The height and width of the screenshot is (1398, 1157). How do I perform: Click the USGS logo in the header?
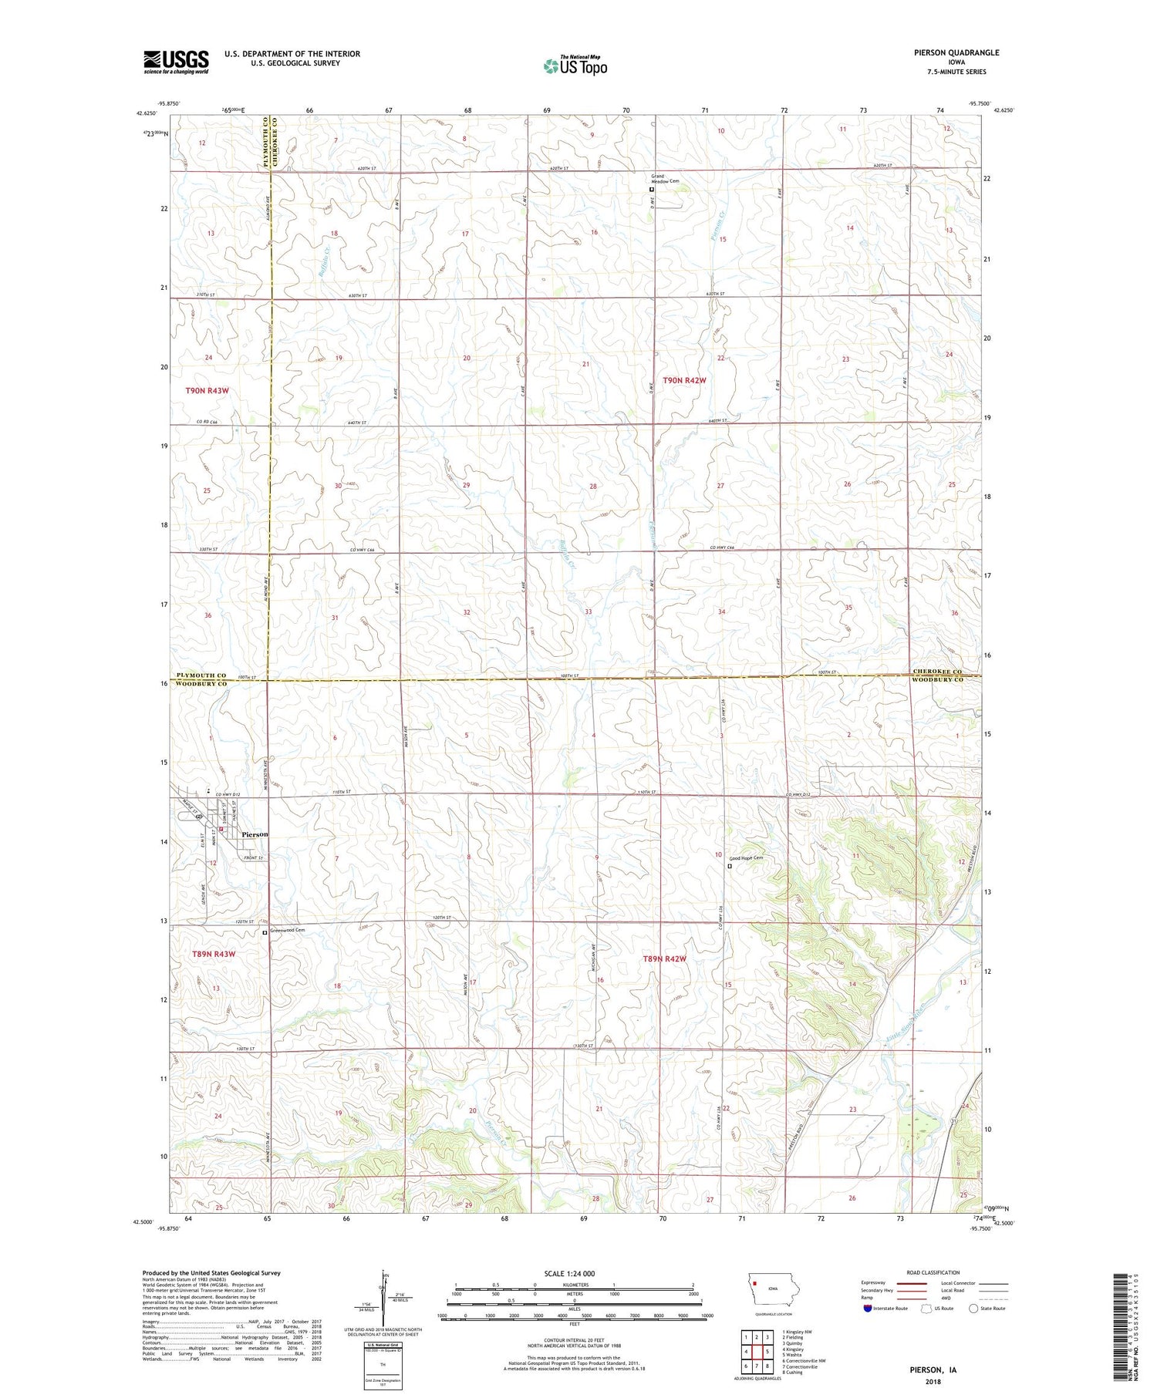(176, 62)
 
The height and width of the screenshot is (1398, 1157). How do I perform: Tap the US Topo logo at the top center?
(575, 66)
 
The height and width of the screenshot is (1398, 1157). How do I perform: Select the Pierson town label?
(255, 834)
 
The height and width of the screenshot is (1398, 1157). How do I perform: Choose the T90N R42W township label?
(684, 380)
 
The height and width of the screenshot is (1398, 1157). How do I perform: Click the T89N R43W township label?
(213, 954)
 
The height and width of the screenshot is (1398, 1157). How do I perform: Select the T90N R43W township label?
(207, 391)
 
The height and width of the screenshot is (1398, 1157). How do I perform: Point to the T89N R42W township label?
(664, 958)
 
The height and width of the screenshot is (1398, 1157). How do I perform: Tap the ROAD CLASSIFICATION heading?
(933, 1272)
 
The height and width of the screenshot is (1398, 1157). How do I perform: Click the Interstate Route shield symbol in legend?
(869, 1309)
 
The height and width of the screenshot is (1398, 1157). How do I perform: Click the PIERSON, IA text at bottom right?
(933, 1369)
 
